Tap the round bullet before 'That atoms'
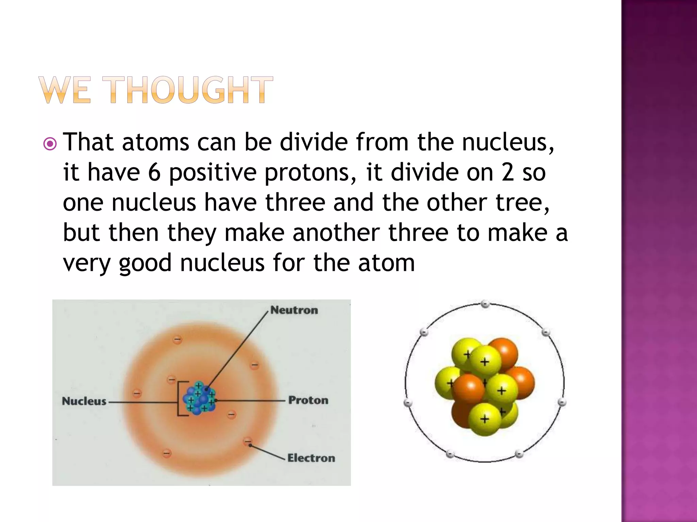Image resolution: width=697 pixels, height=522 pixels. (x=50, y=144)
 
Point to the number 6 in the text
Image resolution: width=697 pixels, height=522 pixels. (x=154, y=172)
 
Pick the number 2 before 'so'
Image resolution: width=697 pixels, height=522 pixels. (x=508, y=172)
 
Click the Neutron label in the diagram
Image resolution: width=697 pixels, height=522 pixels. (x=294, y=310)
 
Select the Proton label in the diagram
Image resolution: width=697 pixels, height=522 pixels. (x=308, y=400)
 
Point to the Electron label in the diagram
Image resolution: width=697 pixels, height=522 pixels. (x=311, y=458)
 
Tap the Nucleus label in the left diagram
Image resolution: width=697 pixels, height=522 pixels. (x=84, y=401)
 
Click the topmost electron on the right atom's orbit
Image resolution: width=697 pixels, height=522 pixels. (x=485, y=304)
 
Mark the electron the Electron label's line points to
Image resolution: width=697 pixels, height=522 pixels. (x=248, y=442)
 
